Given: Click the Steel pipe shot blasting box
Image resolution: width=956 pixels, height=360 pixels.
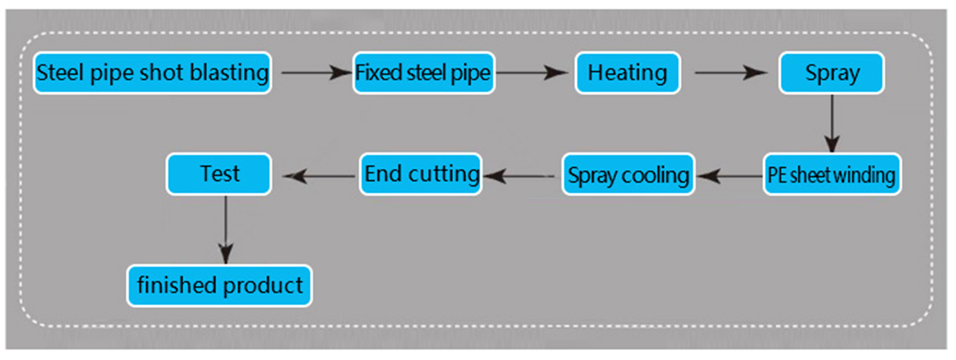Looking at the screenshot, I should coord(152,73).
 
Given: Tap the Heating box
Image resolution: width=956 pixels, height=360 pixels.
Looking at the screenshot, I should coord(628,73).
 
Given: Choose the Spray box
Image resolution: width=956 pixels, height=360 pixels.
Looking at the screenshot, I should coord(832,73).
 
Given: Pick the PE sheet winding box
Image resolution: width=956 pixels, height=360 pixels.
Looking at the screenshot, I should coord(832,174).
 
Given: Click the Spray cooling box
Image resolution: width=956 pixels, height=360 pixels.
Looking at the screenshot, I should coord(628,174).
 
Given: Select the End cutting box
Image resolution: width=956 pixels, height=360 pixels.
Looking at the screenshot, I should coord(421,174).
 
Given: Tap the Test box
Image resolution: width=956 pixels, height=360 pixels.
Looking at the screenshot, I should coord(219,174).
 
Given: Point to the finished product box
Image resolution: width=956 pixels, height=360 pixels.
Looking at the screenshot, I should coord(220,285).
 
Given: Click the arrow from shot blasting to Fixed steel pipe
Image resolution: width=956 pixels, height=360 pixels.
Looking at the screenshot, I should coord(312,73).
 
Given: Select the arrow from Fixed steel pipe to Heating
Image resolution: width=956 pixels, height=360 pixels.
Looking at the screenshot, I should coord(531,73).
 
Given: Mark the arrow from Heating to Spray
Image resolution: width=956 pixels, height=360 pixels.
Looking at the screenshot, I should coord(730,73).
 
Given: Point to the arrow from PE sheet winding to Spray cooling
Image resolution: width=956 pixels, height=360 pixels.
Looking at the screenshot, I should coord(730,174).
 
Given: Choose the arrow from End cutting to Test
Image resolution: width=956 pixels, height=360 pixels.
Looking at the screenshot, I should coord(319,174).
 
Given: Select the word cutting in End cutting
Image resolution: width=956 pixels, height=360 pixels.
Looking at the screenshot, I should coord(444,174).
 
